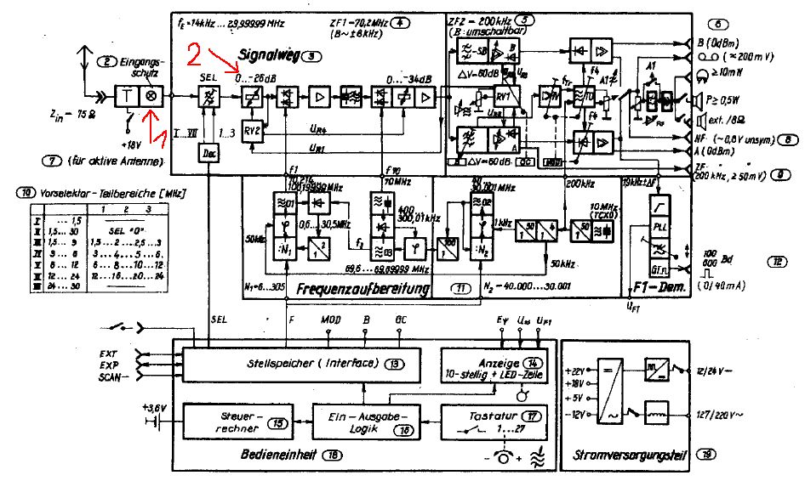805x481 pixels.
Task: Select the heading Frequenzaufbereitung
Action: click(x=362, y=290)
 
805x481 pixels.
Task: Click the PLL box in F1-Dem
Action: click(x=659, y=227)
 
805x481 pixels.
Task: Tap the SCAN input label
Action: click(x=111, y=376)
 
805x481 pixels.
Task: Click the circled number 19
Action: click(x=707, y=456)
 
